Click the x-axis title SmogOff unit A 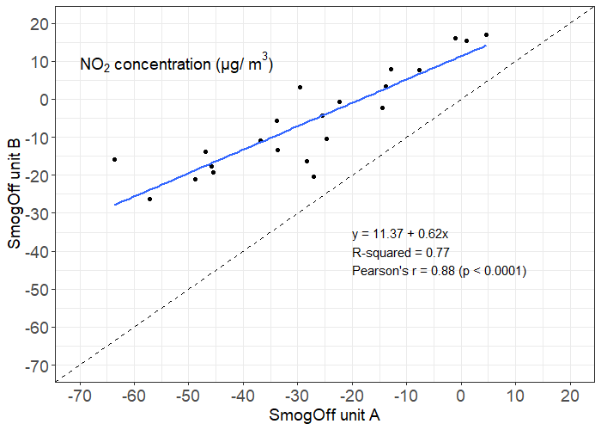click(325, 415)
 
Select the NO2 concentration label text click(176, 64)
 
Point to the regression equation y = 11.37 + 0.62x click(406, 233)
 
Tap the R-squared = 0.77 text click(401, 252)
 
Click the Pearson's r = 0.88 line click(439, 271)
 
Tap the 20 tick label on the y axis click(37, 23)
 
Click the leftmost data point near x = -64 click(114, 159)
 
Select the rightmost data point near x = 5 click(486, 35)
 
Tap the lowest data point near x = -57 click(149, 199)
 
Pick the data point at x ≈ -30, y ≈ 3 click(300, 87)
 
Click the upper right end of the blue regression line click(486, 46)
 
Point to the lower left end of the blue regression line click(115, 205)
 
